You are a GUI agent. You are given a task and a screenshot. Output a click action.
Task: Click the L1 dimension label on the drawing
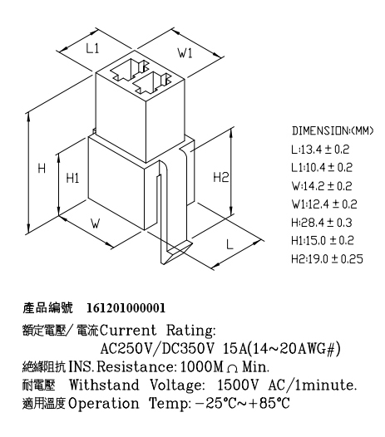[92, 49]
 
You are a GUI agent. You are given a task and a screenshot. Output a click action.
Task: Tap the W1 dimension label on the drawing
[185, 52]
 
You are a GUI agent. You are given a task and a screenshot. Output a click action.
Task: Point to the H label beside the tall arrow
[42, 169]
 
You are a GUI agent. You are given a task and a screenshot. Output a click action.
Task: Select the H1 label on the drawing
[72, 178]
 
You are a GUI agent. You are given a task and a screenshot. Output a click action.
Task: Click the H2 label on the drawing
[221, 177]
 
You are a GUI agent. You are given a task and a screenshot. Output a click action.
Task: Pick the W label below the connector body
[96, 223]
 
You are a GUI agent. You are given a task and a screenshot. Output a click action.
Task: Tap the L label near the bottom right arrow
[230, 244]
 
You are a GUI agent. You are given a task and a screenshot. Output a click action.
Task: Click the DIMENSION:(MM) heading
[333, 130]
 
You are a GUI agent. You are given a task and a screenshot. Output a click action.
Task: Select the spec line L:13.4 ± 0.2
[320, 150]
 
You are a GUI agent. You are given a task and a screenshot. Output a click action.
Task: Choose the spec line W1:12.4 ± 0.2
[324, 204]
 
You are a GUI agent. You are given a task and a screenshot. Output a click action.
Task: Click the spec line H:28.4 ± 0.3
[322, 223]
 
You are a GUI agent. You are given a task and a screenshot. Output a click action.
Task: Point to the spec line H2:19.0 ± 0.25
[327, 259]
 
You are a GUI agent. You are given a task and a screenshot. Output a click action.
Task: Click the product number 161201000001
[126, 308]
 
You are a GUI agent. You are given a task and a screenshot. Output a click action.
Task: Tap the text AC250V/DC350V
[158, 348]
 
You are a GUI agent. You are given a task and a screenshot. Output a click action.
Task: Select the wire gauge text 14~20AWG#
[294, 348]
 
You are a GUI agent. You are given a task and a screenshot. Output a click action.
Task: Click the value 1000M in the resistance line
[202, 366]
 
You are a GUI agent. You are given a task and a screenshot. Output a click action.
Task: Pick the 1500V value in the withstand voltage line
[238, 385]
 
